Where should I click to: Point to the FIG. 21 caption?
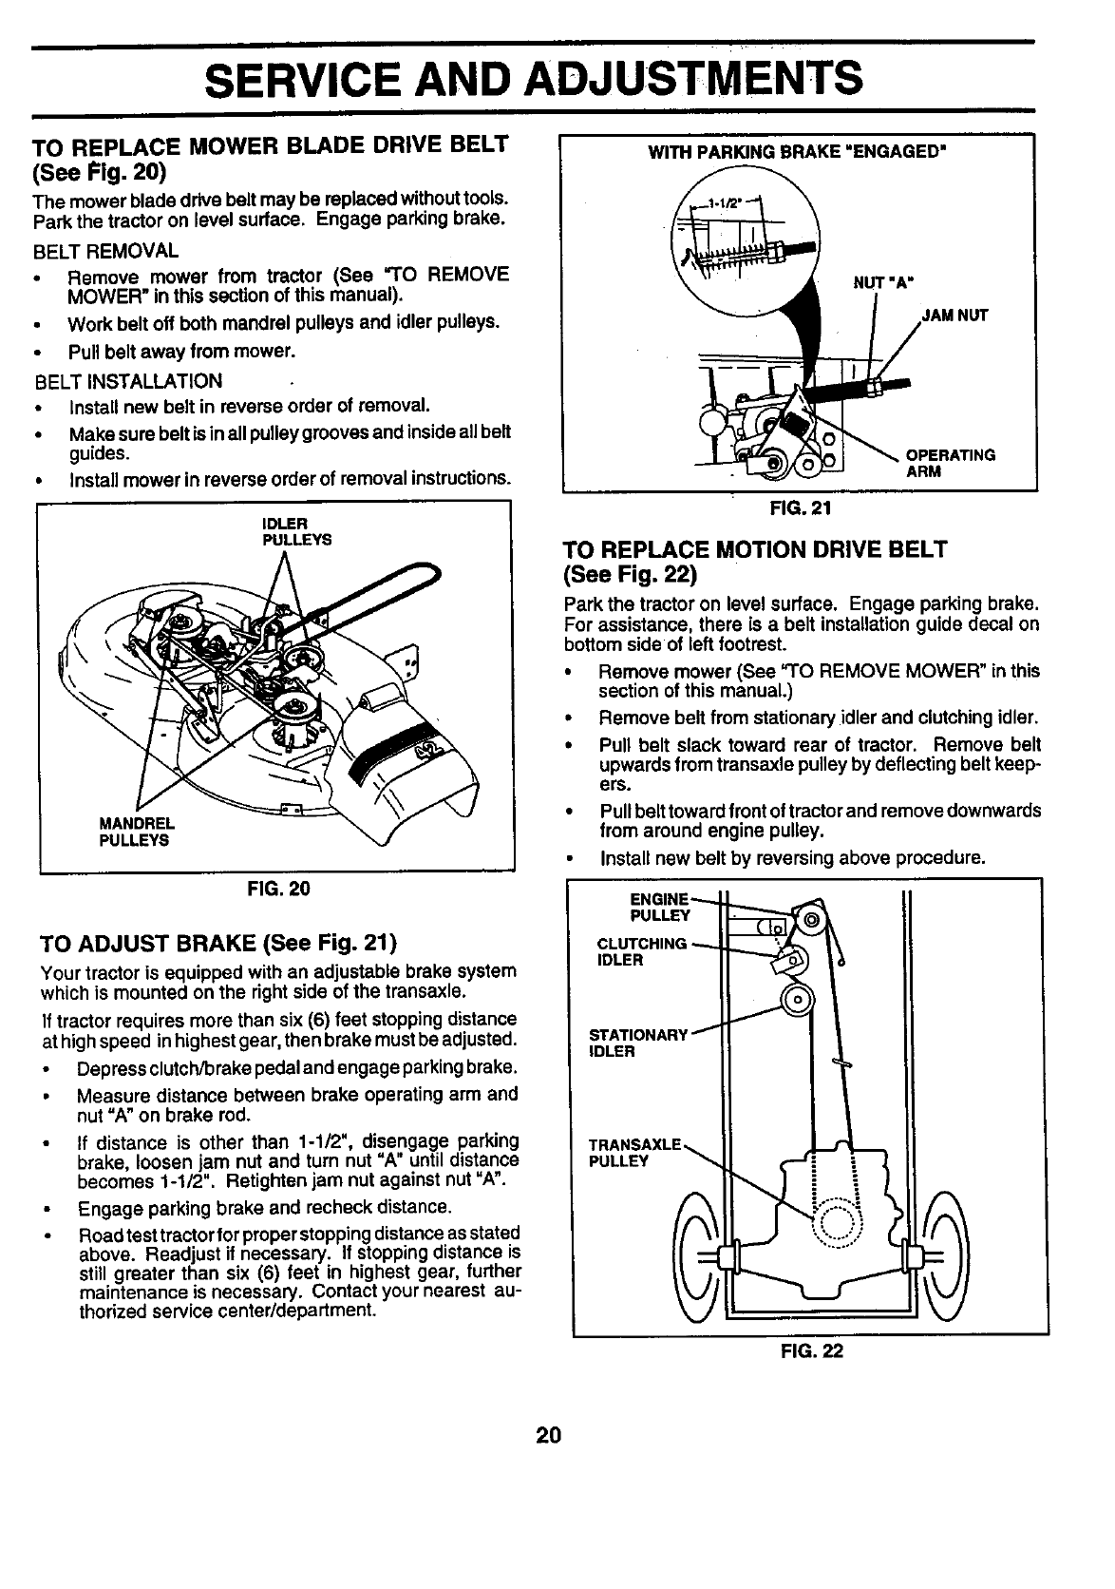tap(801, 507)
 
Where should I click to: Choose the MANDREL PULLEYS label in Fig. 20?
tap(135, 833)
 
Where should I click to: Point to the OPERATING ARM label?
tap(951, 462)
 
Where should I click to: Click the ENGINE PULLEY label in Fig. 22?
tap(659, 907)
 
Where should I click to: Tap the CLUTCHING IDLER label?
tap(640, 951)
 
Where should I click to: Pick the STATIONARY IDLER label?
tap(637, 1043)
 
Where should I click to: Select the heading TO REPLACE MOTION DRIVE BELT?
tap(755, 549)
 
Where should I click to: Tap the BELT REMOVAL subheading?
tap(105, 251)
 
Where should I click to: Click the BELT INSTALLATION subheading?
tap(128, 381)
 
